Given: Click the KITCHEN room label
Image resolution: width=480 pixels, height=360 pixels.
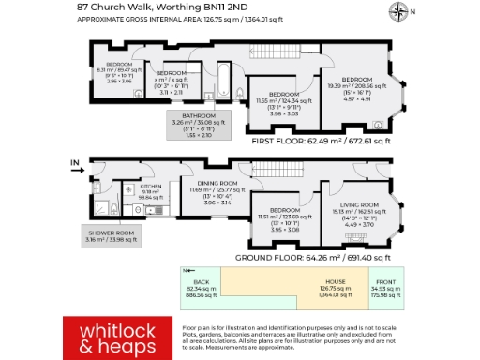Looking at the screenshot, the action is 151,187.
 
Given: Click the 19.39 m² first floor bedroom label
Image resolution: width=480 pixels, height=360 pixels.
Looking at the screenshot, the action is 361,79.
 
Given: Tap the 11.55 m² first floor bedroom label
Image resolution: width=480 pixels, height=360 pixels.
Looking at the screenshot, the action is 284,95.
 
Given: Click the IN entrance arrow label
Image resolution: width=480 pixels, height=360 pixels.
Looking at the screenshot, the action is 74,164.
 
